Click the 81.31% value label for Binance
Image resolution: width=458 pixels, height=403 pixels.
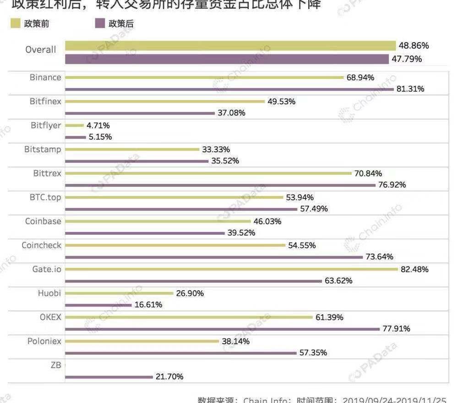point(410,89)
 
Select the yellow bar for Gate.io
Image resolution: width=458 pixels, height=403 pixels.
point(231,269)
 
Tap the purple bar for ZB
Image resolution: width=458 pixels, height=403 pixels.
point(109,377)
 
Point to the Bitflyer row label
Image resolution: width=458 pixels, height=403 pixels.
point(46,125)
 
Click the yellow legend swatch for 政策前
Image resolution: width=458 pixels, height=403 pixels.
point(16,23)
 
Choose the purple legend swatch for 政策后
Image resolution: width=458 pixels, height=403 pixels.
point(100,23)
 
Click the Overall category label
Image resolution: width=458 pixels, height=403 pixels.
point(41,50)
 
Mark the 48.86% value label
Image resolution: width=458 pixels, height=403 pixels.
point(414,46)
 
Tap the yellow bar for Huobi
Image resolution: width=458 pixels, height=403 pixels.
point(119,293)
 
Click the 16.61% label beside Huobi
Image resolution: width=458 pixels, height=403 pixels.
point(148,304)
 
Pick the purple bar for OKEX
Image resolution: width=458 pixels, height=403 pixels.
point(222,329)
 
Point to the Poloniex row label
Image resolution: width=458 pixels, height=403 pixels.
point(44,341)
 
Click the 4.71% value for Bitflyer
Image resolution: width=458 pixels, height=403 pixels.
point(98,125)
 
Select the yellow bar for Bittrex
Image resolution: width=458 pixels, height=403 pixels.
point(208,173)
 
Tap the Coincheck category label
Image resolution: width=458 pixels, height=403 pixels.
point(41,245)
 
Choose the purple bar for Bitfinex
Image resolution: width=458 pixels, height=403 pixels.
point(140,113)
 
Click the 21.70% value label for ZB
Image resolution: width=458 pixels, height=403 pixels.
point(169,377)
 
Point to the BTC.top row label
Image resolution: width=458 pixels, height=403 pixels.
point(45,197)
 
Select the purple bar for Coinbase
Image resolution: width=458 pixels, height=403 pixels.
point(145,233)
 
